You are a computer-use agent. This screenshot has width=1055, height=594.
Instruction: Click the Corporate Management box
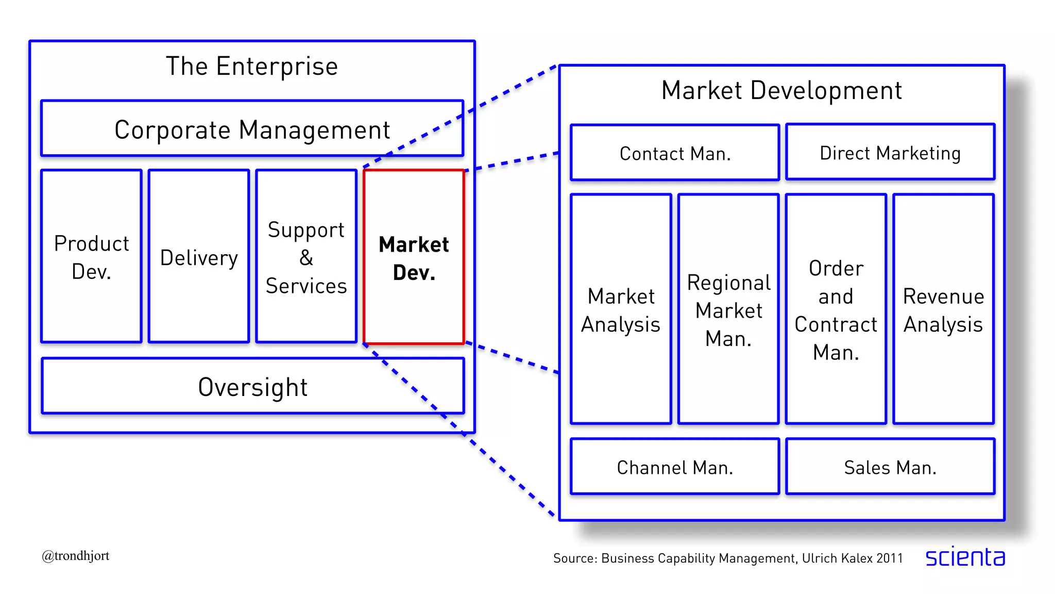pos(252,129)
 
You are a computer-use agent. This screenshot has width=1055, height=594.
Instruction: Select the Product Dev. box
pos(91,257)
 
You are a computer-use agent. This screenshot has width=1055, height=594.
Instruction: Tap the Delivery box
pos(199,257)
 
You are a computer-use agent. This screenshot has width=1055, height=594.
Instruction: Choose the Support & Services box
pos(306,257)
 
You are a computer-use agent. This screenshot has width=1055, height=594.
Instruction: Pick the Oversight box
pos(252,387)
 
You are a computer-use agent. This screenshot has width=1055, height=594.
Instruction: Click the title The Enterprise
pos(252,66)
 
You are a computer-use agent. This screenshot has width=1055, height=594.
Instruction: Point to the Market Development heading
pos(781,90)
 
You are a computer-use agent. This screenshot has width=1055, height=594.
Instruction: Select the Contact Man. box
pos(675,153)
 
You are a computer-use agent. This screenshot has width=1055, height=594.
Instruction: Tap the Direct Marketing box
pos(890,153)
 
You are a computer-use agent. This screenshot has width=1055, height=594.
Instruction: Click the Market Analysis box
pos(621,310)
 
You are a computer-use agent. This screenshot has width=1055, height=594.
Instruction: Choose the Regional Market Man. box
pos(728,310)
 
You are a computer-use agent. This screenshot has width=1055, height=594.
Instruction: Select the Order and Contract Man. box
pos(836,310)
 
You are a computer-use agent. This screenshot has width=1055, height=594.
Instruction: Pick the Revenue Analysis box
pos(943,310)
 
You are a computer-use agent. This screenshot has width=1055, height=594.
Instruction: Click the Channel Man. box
pos(675,467)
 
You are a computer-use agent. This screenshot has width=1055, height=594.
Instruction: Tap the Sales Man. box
pos(890,467)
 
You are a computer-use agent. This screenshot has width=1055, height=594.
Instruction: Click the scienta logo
pos(965,557)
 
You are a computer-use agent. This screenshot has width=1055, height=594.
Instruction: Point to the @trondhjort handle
pos(76,556)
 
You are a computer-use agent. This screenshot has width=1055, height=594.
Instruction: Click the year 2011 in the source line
pos(890,558)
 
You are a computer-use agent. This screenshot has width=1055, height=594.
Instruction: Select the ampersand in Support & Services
pos(306,257)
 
